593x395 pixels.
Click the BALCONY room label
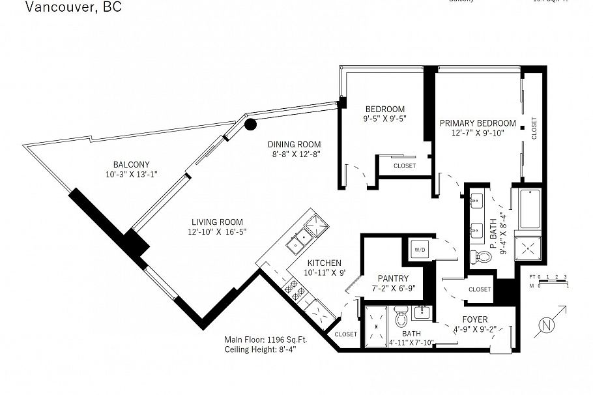131,164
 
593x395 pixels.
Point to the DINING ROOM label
294,145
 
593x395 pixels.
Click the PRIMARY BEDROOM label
478,123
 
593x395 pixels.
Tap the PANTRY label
393,278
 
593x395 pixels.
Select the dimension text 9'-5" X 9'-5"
385,119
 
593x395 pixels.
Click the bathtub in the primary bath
529,209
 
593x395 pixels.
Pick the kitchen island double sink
301,239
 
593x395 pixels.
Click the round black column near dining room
250,124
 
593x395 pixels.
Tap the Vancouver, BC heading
73,8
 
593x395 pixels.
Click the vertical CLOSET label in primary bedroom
534,128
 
